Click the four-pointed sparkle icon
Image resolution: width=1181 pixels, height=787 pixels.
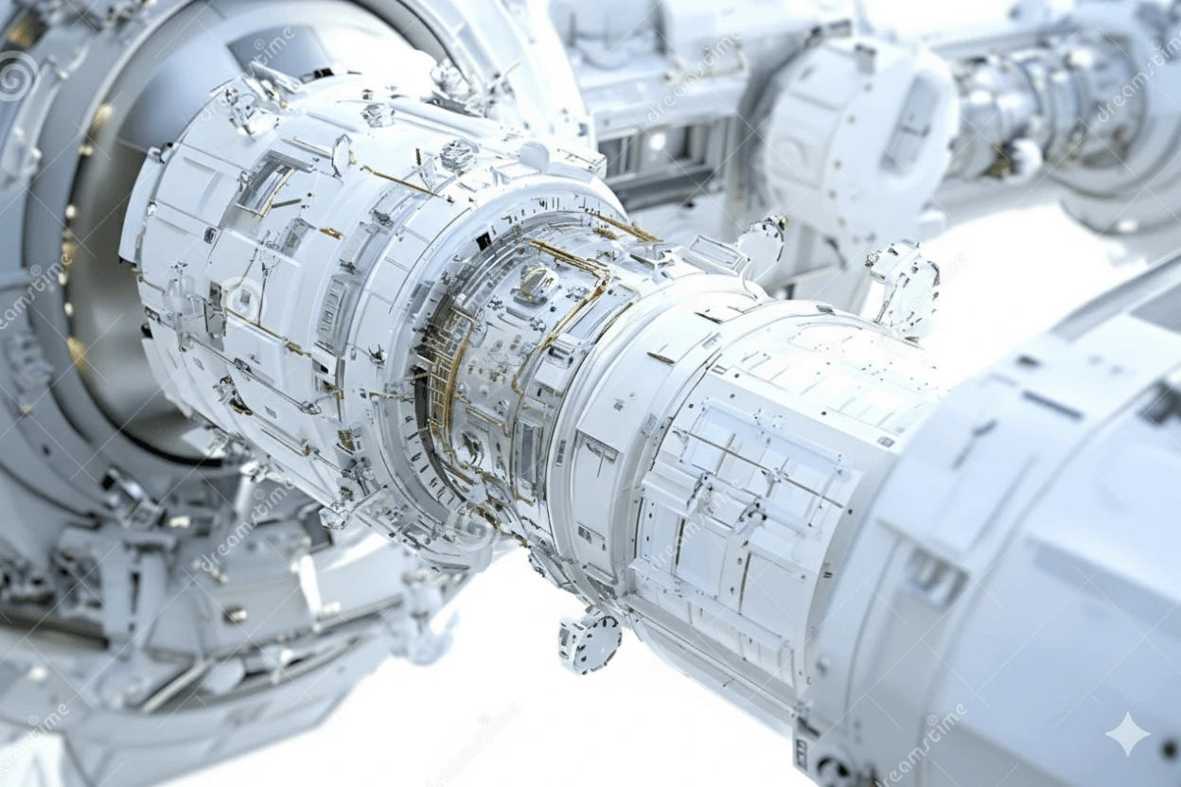tap(1128, 733)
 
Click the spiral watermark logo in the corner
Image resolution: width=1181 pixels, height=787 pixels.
tap(17, 76)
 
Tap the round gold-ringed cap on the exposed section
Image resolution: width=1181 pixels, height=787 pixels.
tap(537, 280)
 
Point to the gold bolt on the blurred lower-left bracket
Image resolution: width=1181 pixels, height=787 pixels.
tap(233, 615)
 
